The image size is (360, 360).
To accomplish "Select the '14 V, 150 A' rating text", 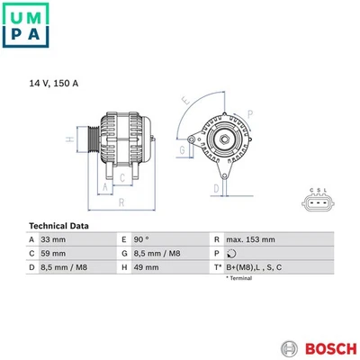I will point(53,83).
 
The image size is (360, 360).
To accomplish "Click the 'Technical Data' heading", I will point(58,225).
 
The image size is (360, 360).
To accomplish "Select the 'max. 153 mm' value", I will point(250,239).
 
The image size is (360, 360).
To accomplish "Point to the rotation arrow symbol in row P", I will point(232,254).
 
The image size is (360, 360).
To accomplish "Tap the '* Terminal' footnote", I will point(238,279).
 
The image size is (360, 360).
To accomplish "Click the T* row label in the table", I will point(217,268).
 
